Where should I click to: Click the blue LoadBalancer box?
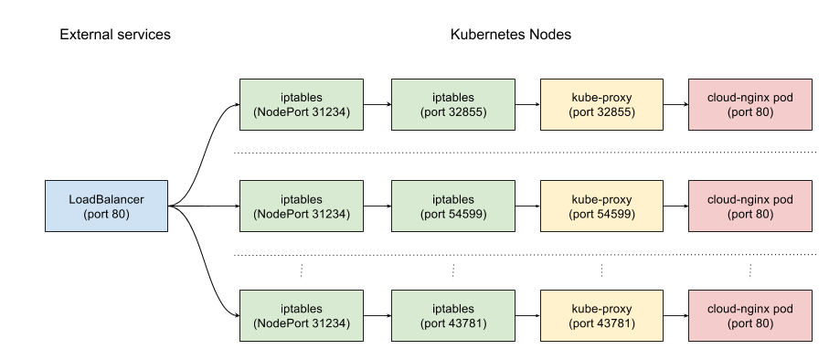coord(106,206)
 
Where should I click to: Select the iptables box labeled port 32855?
coord(453,104)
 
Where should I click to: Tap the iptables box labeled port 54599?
coord(453,206)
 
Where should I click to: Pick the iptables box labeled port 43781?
coord(453,315)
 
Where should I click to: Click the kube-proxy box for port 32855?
coord(601,104)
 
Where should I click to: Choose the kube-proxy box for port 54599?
coord(601,206)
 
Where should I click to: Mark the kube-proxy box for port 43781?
coord(601,315)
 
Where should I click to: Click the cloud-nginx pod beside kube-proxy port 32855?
coord(750,104)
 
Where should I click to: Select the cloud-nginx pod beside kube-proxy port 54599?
coord(750,206)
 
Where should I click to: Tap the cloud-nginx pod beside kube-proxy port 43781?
coord(750,315)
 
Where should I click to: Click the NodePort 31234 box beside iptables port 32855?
coord(302,104)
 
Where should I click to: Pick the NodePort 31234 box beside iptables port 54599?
coord(302,206)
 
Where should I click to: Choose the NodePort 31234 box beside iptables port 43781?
coord(302,315)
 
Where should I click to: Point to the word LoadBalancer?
coord(106,199)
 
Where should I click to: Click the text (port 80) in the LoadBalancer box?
coord(106,214)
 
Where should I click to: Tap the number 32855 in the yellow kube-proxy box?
coord(611,112)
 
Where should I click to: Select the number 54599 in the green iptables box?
coord(462,214)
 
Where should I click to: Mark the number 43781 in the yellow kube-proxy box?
coord(611,323)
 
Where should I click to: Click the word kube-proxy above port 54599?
coord(601,199)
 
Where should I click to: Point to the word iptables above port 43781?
coord(453,309)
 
